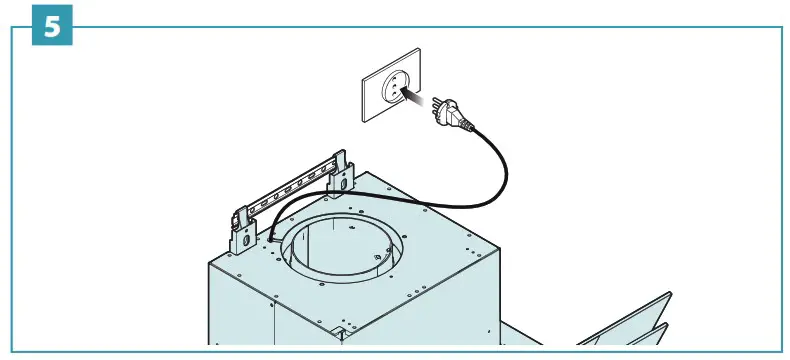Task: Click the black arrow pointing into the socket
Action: pos(412,98)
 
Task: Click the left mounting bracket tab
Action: pos(243,229)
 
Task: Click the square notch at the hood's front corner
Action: pos(341,330)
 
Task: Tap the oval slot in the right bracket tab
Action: pos(343,181)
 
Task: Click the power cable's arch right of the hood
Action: pos(495,175)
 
